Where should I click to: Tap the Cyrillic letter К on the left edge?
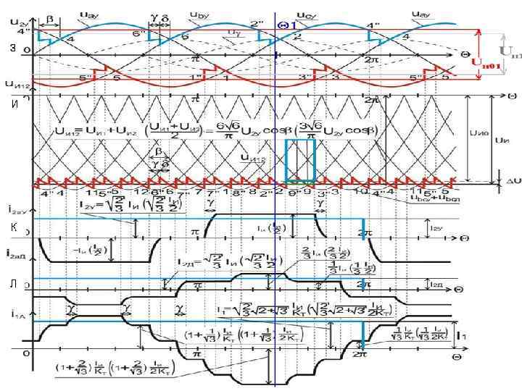point(13,227)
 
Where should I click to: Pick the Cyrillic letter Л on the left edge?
point(13,285)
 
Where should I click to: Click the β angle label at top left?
point(49,15)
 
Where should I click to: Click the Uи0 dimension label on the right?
point(478,133)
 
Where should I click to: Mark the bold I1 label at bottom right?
point(462,335)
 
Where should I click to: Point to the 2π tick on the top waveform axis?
point(373,60)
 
